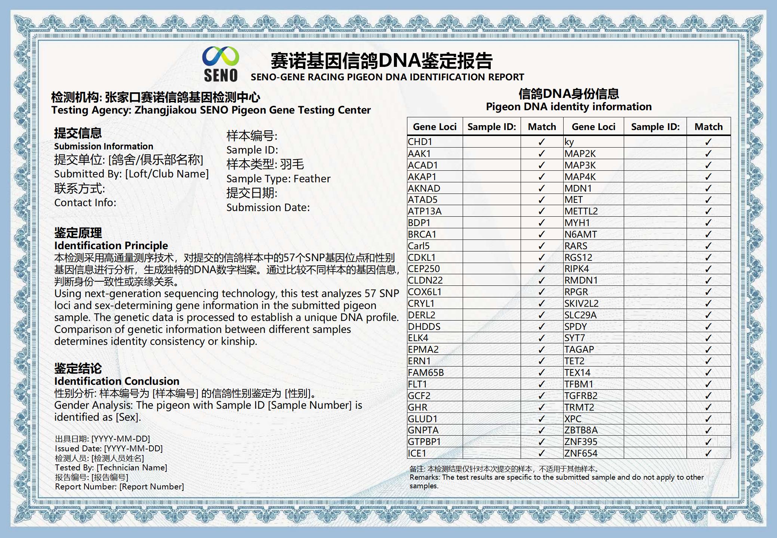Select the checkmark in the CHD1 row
tap(542, 142)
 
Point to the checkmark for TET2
tap(708, 361)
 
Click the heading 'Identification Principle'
tap(111, 245)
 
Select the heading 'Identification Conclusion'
tap(117, 381)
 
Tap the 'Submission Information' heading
tap(104, 146)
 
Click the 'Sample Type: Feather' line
tap(278, 179)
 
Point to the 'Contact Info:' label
tap(85, 202)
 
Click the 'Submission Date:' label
tap(268, 207)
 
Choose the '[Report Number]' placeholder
tap(151, 486)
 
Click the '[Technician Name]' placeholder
tap(132, 467)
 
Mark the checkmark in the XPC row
tap(708, 419)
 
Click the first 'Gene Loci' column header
tap(435, 127)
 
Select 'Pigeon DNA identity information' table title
tap(568, 107)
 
